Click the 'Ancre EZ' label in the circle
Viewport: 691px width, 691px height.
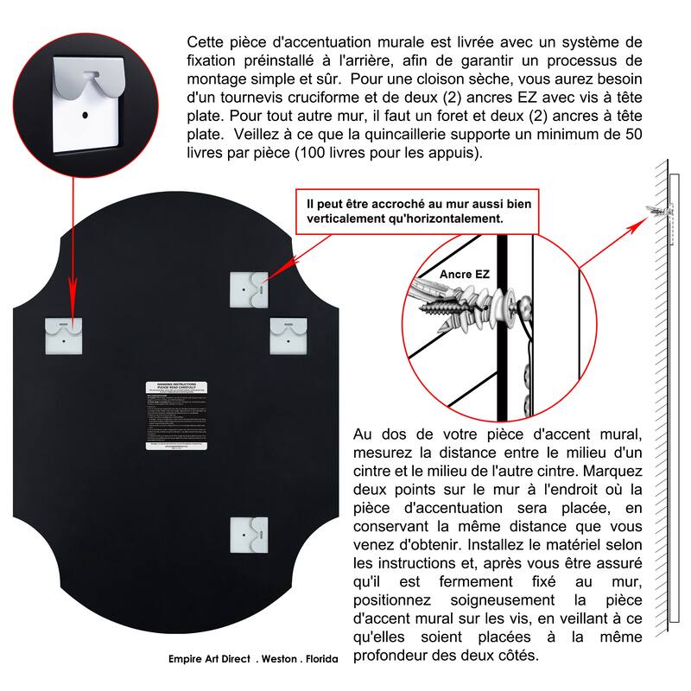pos(465,274)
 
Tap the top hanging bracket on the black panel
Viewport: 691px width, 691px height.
pos(248,288)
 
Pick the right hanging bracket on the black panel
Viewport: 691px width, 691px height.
pos(287,333)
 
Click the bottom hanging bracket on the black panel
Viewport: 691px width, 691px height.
pos(247,535)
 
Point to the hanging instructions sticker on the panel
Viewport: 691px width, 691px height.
pos(177,415)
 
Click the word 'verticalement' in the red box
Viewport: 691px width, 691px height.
pos(344,219)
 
